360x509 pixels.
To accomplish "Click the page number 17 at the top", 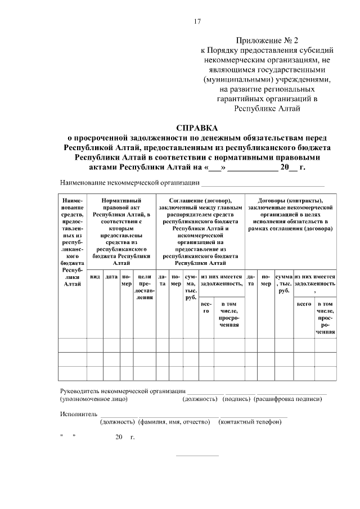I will [x=197, y=21].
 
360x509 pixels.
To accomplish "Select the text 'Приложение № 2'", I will [x=268, y=40].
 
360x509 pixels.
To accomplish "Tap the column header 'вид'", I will [x=95, y=277].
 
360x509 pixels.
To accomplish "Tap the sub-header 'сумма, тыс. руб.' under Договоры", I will [x=284, y=283].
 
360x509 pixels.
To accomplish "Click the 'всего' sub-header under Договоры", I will [x=304, y=304].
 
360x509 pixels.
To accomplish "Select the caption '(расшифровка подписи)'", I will [x=288, y=399].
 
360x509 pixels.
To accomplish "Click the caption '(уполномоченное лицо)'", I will [x=94, y=399].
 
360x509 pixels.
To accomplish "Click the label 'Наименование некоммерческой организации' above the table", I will [x=130, y=182].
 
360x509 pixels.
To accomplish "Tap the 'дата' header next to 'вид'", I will [x=111, y=277].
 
